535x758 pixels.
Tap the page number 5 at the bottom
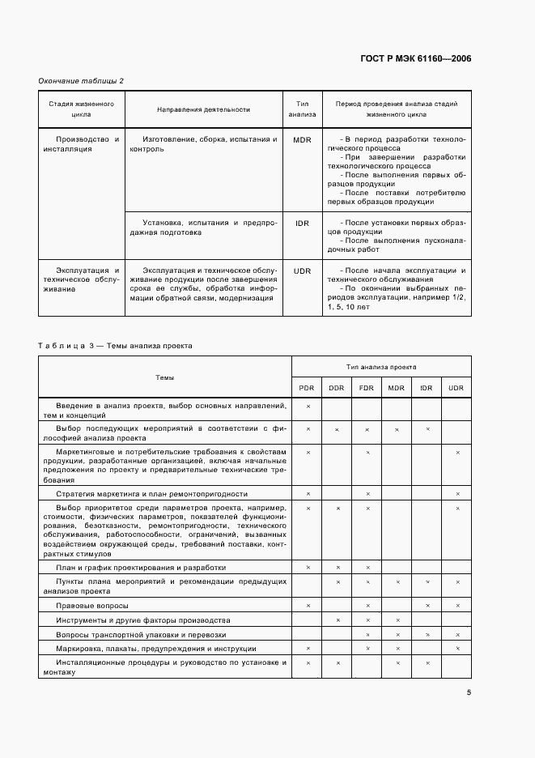coord(469,692)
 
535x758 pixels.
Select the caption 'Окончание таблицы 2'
coord(81,80)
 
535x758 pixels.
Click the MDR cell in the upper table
coord(303,140)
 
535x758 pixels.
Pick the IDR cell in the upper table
coord(303,222)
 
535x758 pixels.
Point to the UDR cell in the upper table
coord(303,270)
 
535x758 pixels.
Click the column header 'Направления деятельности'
coord(203,109)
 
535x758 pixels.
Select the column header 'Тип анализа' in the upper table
coord(303,109)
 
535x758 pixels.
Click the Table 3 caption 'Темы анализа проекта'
coord(154,345)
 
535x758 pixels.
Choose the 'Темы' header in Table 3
coord(164,377)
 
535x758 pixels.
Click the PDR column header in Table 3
coord(308,389)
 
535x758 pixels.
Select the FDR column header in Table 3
coord(367,389)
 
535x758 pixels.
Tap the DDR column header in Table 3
coord(337,389)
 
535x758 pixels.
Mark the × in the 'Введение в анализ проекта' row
coord(308,405)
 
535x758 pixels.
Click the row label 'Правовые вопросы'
coord(89,606)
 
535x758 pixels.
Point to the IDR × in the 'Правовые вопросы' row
coord(427,606)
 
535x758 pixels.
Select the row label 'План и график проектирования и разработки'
coord(141,568)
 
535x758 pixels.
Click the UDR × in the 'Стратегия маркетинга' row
coord(457,493)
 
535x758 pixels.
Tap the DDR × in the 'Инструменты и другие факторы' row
coord(337,620)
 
